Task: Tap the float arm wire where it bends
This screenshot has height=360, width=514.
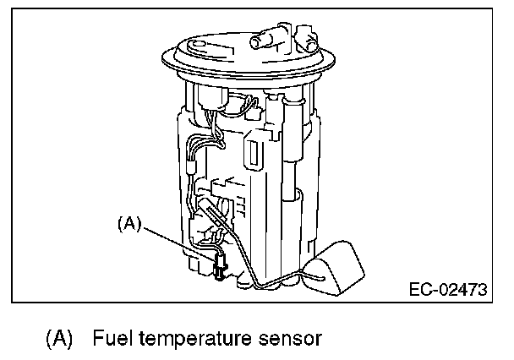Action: click(254, 284)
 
